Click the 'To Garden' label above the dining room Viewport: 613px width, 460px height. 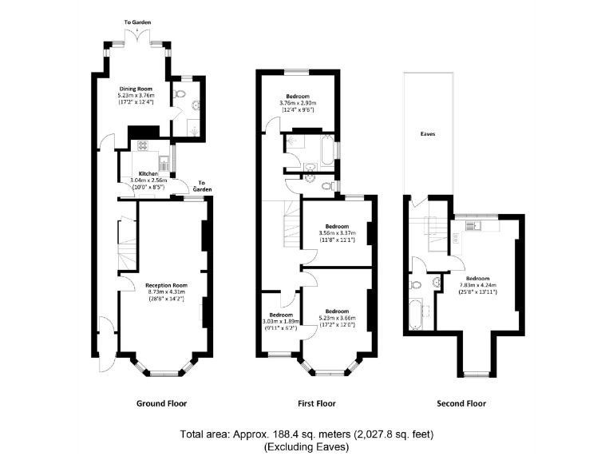pos(137,22)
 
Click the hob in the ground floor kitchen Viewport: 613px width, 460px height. pos(144,145)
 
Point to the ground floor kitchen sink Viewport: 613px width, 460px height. pos(163,164)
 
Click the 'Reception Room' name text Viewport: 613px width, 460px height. pos(166,285)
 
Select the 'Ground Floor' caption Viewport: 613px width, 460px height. pos(162,403)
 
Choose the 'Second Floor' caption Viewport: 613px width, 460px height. pos(463,403)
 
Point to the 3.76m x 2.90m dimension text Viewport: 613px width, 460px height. pos(297,103)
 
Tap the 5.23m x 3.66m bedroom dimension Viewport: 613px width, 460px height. pos(336,318)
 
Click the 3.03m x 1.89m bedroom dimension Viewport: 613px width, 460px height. pos(280,321)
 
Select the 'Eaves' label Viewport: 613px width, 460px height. pos(428,135)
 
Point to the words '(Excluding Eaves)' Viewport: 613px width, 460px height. pos(306,447)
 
